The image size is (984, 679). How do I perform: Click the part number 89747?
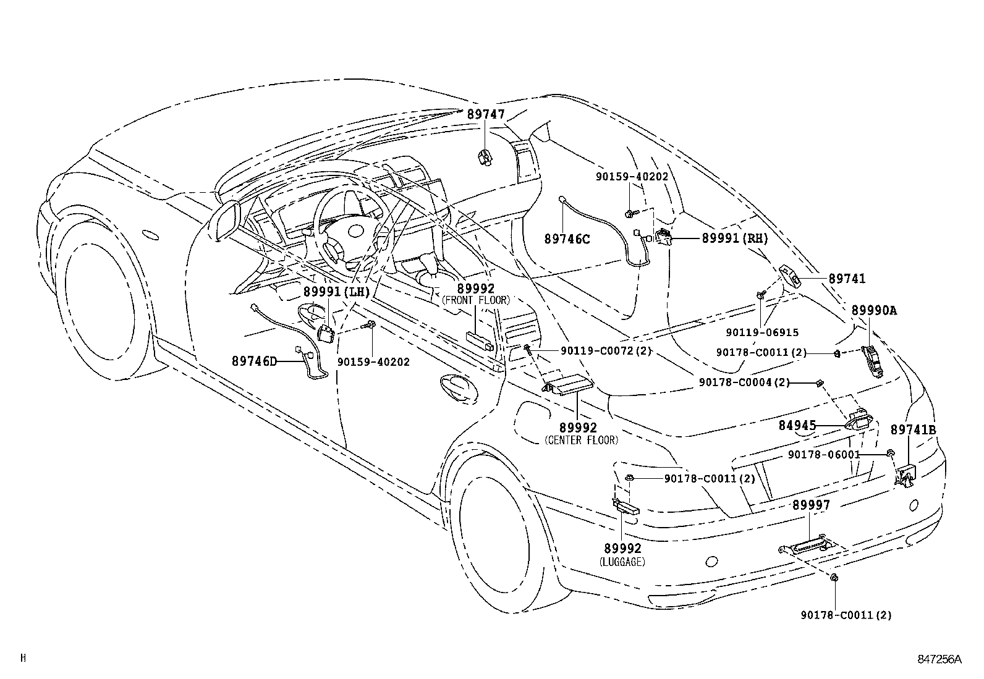point(485,115)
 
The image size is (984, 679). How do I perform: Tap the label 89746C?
point(567,238)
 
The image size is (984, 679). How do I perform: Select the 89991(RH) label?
point(734,238)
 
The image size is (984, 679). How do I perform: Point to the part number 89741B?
point(913,430)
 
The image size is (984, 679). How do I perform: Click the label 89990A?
point(873,311)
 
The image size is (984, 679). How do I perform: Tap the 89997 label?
point(812,505)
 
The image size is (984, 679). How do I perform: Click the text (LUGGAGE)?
point(622,562)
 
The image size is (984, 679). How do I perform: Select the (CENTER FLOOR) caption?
point(580,440)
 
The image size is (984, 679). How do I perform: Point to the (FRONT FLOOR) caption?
point(475,300)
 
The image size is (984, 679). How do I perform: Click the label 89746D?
point(255,361)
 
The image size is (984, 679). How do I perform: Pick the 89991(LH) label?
point(336,292)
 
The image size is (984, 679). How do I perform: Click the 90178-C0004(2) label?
point(744,382)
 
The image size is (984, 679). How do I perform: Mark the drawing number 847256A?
point(939,659)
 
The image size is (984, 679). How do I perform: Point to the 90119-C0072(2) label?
point(606,350)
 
